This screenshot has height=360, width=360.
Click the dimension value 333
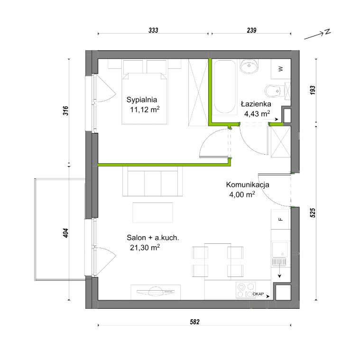coord(153,30)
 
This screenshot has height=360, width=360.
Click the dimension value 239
coord(251,30)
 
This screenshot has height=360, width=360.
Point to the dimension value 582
coord(194,322)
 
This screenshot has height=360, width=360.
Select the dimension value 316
coord(65,111)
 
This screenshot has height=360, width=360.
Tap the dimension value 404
coord(65,233)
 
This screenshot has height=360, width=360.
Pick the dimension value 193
coord(313,90)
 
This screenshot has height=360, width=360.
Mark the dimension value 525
coord(313,213)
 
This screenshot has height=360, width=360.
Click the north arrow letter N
coord(328,32)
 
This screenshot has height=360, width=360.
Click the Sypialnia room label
coord(142,100)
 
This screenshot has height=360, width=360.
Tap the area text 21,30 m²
coord(145,248)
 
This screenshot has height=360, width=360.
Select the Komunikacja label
coord(248,185)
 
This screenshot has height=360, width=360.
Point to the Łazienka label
coord(256,104)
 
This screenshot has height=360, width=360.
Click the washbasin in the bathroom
coord(249,66)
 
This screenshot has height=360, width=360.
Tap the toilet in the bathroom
coord(273,91)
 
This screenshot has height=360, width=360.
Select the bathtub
coord(224,87)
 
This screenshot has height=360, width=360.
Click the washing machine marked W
coord(281,69)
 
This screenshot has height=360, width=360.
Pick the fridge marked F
coord(280,219)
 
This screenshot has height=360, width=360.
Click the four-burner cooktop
coord(246,290)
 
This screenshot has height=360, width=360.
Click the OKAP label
coord(258,294)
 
